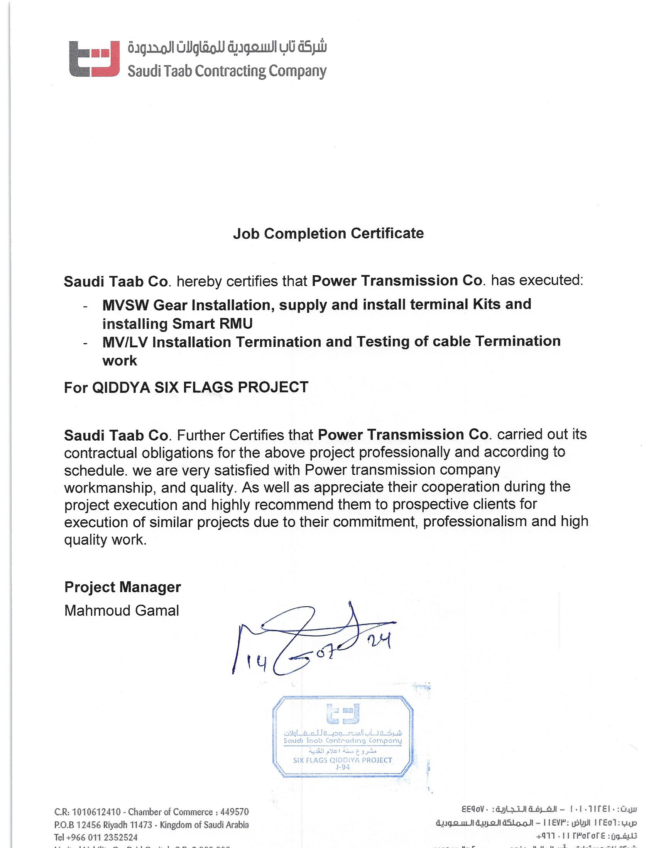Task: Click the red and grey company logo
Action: click(95, 59)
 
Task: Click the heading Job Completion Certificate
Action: click(328, 233)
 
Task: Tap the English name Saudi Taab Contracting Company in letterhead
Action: click(227, 71)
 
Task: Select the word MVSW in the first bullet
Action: click(125, 305)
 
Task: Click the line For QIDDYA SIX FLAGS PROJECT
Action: click(186, 387)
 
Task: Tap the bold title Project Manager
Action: click(122, 587)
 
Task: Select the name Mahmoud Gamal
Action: click(122, 611)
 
